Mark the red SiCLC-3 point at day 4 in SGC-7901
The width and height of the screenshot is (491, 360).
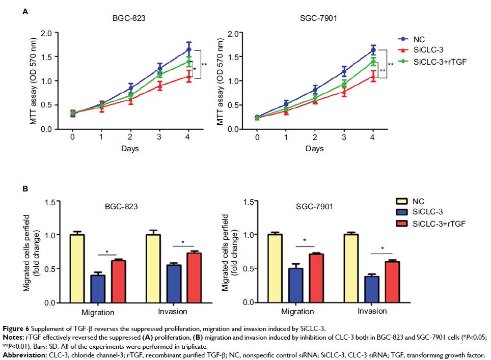point(373,76)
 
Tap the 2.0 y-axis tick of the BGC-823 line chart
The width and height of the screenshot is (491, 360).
point(46,33)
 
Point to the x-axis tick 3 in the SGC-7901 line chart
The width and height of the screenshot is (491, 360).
point(344,137)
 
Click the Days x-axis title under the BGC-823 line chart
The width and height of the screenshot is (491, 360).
point(130,149)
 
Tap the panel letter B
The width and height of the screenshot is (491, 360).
point(25,189)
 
